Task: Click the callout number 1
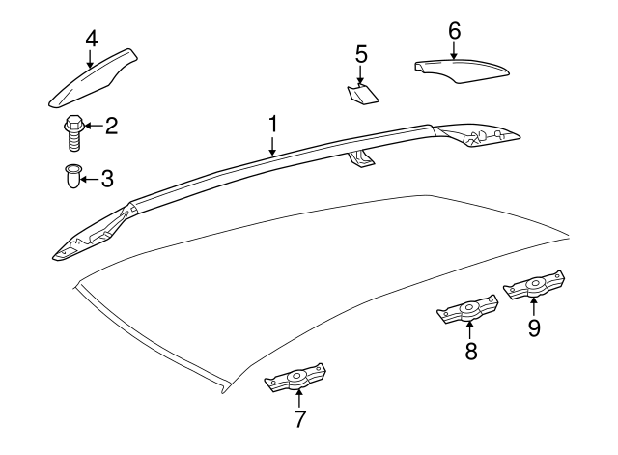coord(273,125)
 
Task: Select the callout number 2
coord(111,125)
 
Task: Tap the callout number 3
coord(107,178)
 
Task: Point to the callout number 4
coord(91,39)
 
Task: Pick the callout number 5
coord(361,54)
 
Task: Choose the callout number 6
coord(454,30)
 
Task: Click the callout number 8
coord(471,353)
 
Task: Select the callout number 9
coord(534,327)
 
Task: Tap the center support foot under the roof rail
coord(361,158)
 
